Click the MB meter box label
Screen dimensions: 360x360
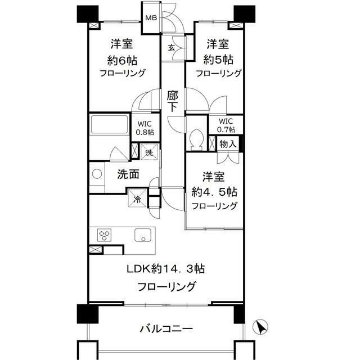(151, 17)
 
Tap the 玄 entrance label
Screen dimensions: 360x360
(170, 47)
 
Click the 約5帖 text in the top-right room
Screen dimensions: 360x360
(218, 58)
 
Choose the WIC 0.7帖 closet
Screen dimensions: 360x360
(226, 125)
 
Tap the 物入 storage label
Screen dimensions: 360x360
(228, 143)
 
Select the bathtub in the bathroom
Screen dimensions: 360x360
(110, 126)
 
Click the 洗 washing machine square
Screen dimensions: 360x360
(148, 152)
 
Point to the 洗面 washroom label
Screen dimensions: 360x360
(128, 174)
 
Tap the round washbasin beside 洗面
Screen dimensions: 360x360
(96, 174)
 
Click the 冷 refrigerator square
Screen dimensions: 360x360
(138, 198)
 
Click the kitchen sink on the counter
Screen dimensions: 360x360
(141, 235)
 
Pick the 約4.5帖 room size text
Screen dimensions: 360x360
(214, 191)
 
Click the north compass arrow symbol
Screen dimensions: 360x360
(262, 326)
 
